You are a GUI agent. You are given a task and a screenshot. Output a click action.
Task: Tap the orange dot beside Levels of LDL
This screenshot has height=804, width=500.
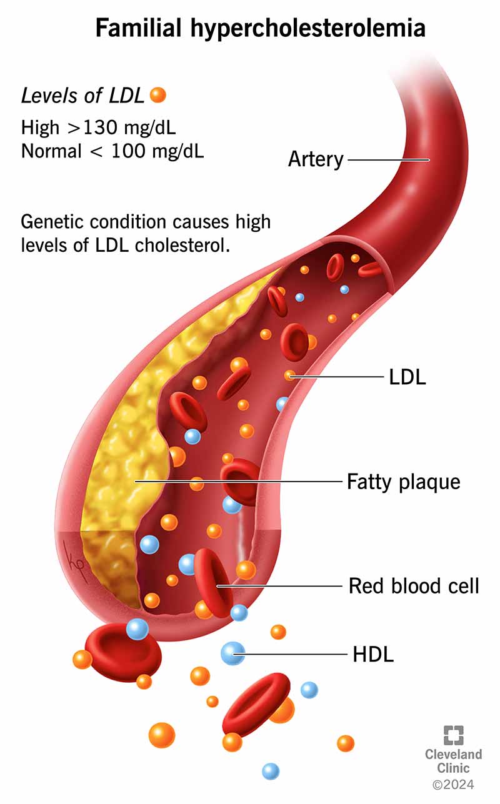coord(158,95)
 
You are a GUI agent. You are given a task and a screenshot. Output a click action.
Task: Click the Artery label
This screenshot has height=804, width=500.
coord(316,159)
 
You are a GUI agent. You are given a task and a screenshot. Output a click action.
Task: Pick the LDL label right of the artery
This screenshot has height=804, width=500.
coord(404,377)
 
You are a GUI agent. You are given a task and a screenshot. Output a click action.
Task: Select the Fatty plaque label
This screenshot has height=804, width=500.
coord(404,482)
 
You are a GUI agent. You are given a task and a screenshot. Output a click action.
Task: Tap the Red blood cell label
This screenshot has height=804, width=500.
coord(413,586)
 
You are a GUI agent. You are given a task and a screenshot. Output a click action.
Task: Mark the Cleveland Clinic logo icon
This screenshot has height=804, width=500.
coord(454,735)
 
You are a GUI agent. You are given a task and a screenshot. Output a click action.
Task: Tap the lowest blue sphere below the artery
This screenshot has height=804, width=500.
coord(271,771)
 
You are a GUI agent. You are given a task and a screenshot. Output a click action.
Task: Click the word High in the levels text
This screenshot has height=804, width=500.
coord(39,127)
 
